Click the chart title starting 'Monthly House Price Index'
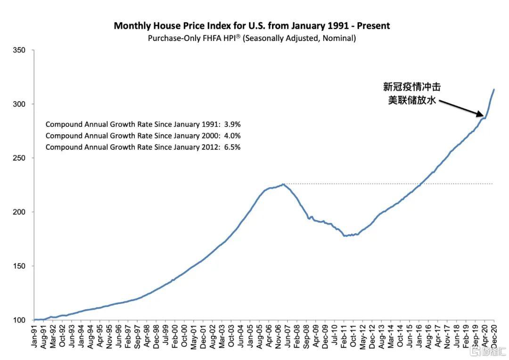252,25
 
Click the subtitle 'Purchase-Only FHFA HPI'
252,38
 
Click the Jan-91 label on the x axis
34,336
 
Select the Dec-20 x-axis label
494,336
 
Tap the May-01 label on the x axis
193,336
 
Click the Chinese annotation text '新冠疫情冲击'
412,87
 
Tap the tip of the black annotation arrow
484,115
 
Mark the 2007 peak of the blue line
283,184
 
